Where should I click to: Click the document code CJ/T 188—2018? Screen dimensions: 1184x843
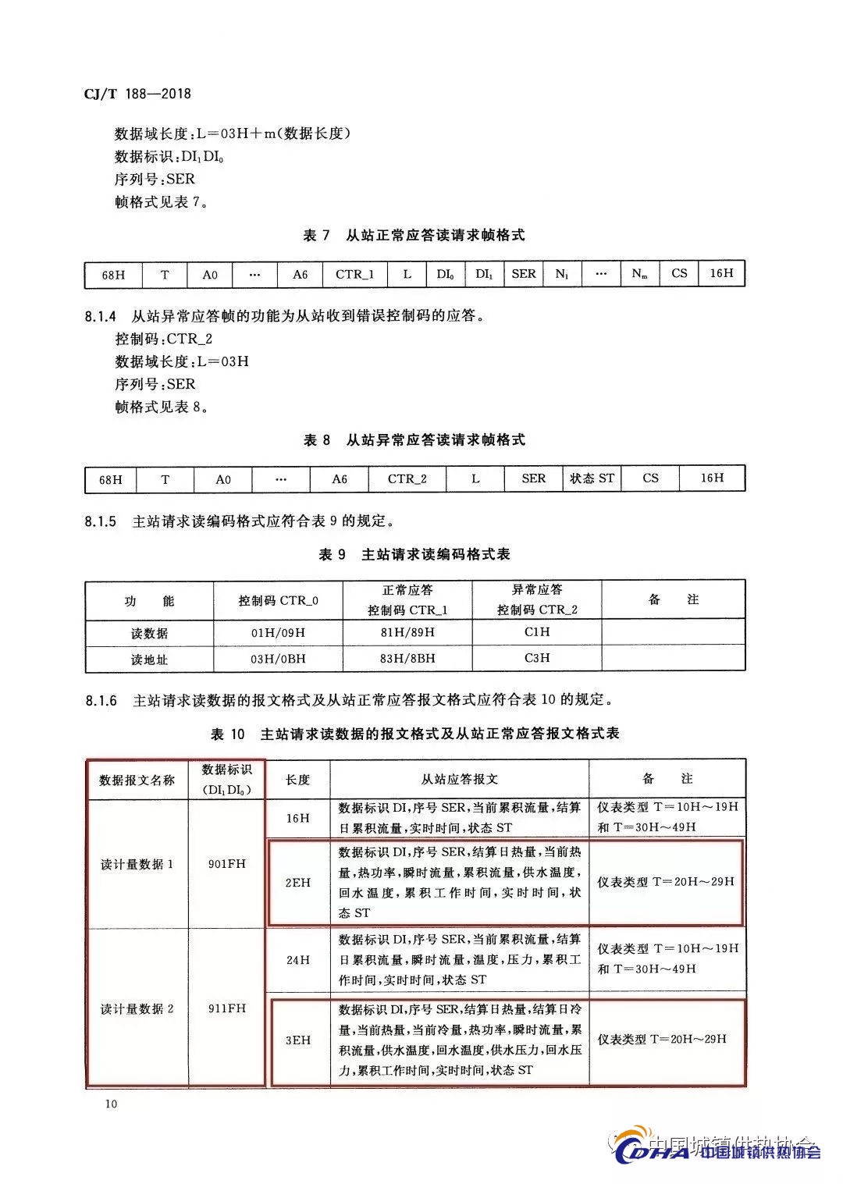pyautogui.click(x=137, y=94)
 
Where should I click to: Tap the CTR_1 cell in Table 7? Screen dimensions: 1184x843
pyautogui.click(x=355, y=274)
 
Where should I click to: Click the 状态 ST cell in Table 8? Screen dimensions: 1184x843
pyautogui.click(x=592, y=478)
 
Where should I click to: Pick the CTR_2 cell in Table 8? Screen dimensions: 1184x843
pyautogui.click(x=407, y=479)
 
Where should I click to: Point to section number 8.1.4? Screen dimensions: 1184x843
pyautogui.click(x=100, y=317)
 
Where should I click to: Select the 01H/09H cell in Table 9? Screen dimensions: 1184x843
pyautogui.click(x=278, y=632)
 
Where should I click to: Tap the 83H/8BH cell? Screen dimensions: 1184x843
pyautogui.click(x=407, y=659)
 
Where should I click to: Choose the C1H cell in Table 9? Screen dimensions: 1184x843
pyautogui.click(x=537, y=631)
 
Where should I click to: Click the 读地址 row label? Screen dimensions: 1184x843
pyautogui.click(x=149, y=660)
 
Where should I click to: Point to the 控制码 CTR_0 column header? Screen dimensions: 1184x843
pyautogui.click(x=278, y=601)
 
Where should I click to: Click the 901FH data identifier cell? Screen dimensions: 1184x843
pyautogui.click(x=227, y=864)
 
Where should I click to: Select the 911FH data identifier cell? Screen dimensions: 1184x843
pyautogui.click(x=227, y=1008)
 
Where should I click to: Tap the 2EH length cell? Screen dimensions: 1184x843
pyautogui.click(x=297, y=883)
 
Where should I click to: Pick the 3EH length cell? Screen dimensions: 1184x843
pyautogui.click(x=297, y=1040)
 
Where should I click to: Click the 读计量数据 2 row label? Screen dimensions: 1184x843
pyautogui.click(x=137, y=1009)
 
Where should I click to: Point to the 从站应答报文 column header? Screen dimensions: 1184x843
pyautogui.click(x=459, y=779)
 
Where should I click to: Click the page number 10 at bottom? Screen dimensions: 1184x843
pyautogui.click(x=110, y=1104)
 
